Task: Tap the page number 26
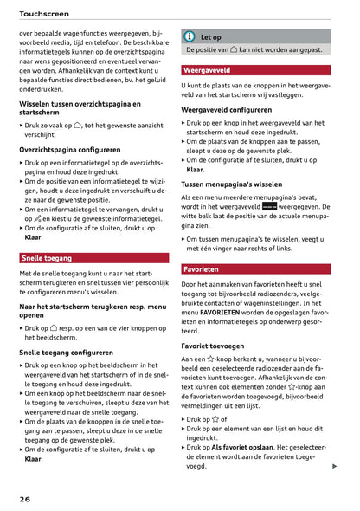tap(26, 499)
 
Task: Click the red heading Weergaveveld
tap(207, 69)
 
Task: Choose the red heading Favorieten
tap(202, 269)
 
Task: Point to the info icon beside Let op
tap(189, 37)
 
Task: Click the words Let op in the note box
tap(211, 37)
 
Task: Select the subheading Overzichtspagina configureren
tap(70, 149)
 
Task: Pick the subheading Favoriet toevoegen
tap(219, 344)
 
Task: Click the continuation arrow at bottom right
tap(334, 466)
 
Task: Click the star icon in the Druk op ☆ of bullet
tap(215, 419)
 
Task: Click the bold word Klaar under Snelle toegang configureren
tap(33, 459)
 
